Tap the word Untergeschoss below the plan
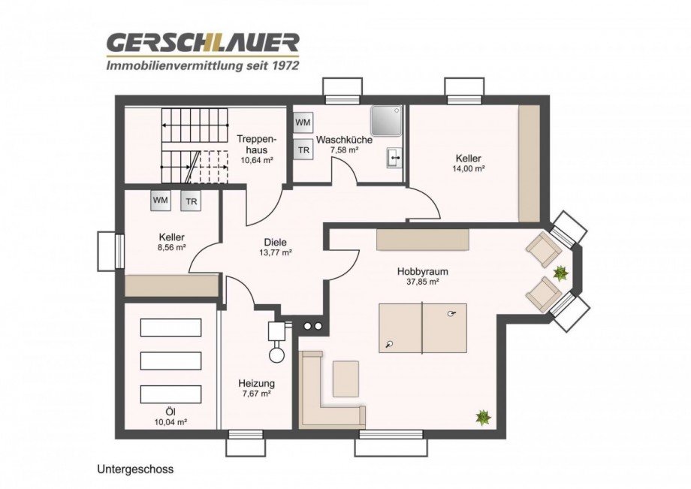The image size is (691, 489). point(135,469)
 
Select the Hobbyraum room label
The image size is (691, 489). point(418,271)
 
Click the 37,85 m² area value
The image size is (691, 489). point(418,282)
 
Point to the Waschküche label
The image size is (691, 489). point(344,140)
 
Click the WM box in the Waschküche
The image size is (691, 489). point(303,122)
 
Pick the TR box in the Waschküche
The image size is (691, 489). point(303,149)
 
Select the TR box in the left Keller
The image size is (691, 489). point(192,201)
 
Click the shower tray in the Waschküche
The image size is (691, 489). point(387,120)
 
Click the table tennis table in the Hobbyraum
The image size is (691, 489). point(422,328)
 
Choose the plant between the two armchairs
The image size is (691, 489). point(560,273)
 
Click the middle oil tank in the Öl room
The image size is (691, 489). point(170,360)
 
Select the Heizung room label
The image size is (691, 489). point(256,383)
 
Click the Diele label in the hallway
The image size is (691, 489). point(276,242)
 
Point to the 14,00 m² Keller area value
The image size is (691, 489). point(468,169)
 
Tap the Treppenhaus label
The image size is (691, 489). point(256,144)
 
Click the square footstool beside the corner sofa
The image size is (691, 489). point(345,379)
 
